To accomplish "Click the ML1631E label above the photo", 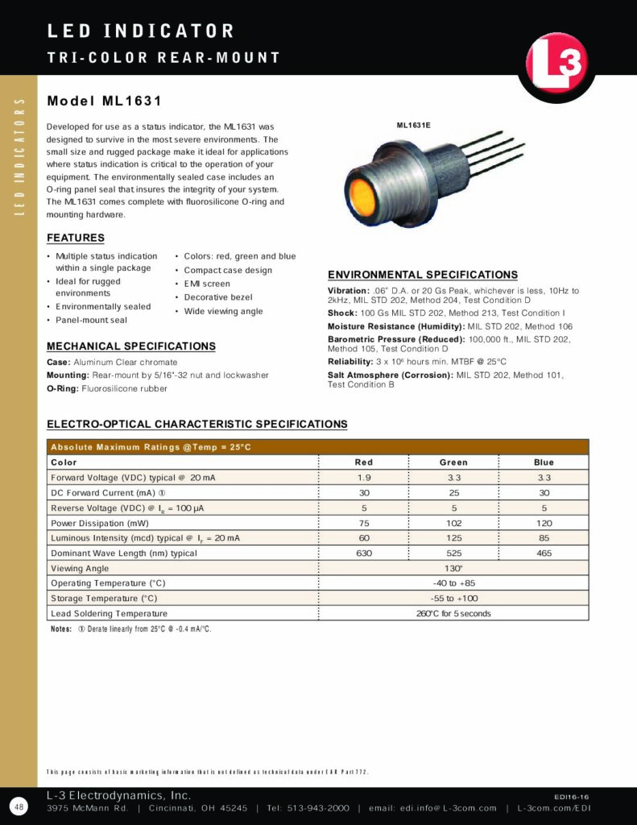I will point(413,126).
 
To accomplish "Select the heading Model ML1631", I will point(105,102).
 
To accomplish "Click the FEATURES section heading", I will point(76,238).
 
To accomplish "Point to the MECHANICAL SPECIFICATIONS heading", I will point(131,346).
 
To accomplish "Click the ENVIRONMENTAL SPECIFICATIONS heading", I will point(423,275).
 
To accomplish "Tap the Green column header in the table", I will point(453,462).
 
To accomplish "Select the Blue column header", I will point(544,462).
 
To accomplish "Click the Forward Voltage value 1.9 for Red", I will point(363,478).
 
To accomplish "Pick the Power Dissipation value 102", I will point(453,523).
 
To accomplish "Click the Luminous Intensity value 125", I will point(453,538).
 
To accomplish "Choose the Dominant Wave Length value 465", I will point(544,553).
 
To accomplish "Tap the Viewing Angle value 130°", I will point(453,568).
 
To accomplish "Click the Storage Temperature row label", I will point(104,599).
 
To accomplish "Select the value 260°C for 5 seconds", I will point(453,613).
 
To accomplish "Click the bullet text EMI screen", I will point(207,284).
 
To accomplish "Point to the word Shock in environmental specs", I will point(341,313).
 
